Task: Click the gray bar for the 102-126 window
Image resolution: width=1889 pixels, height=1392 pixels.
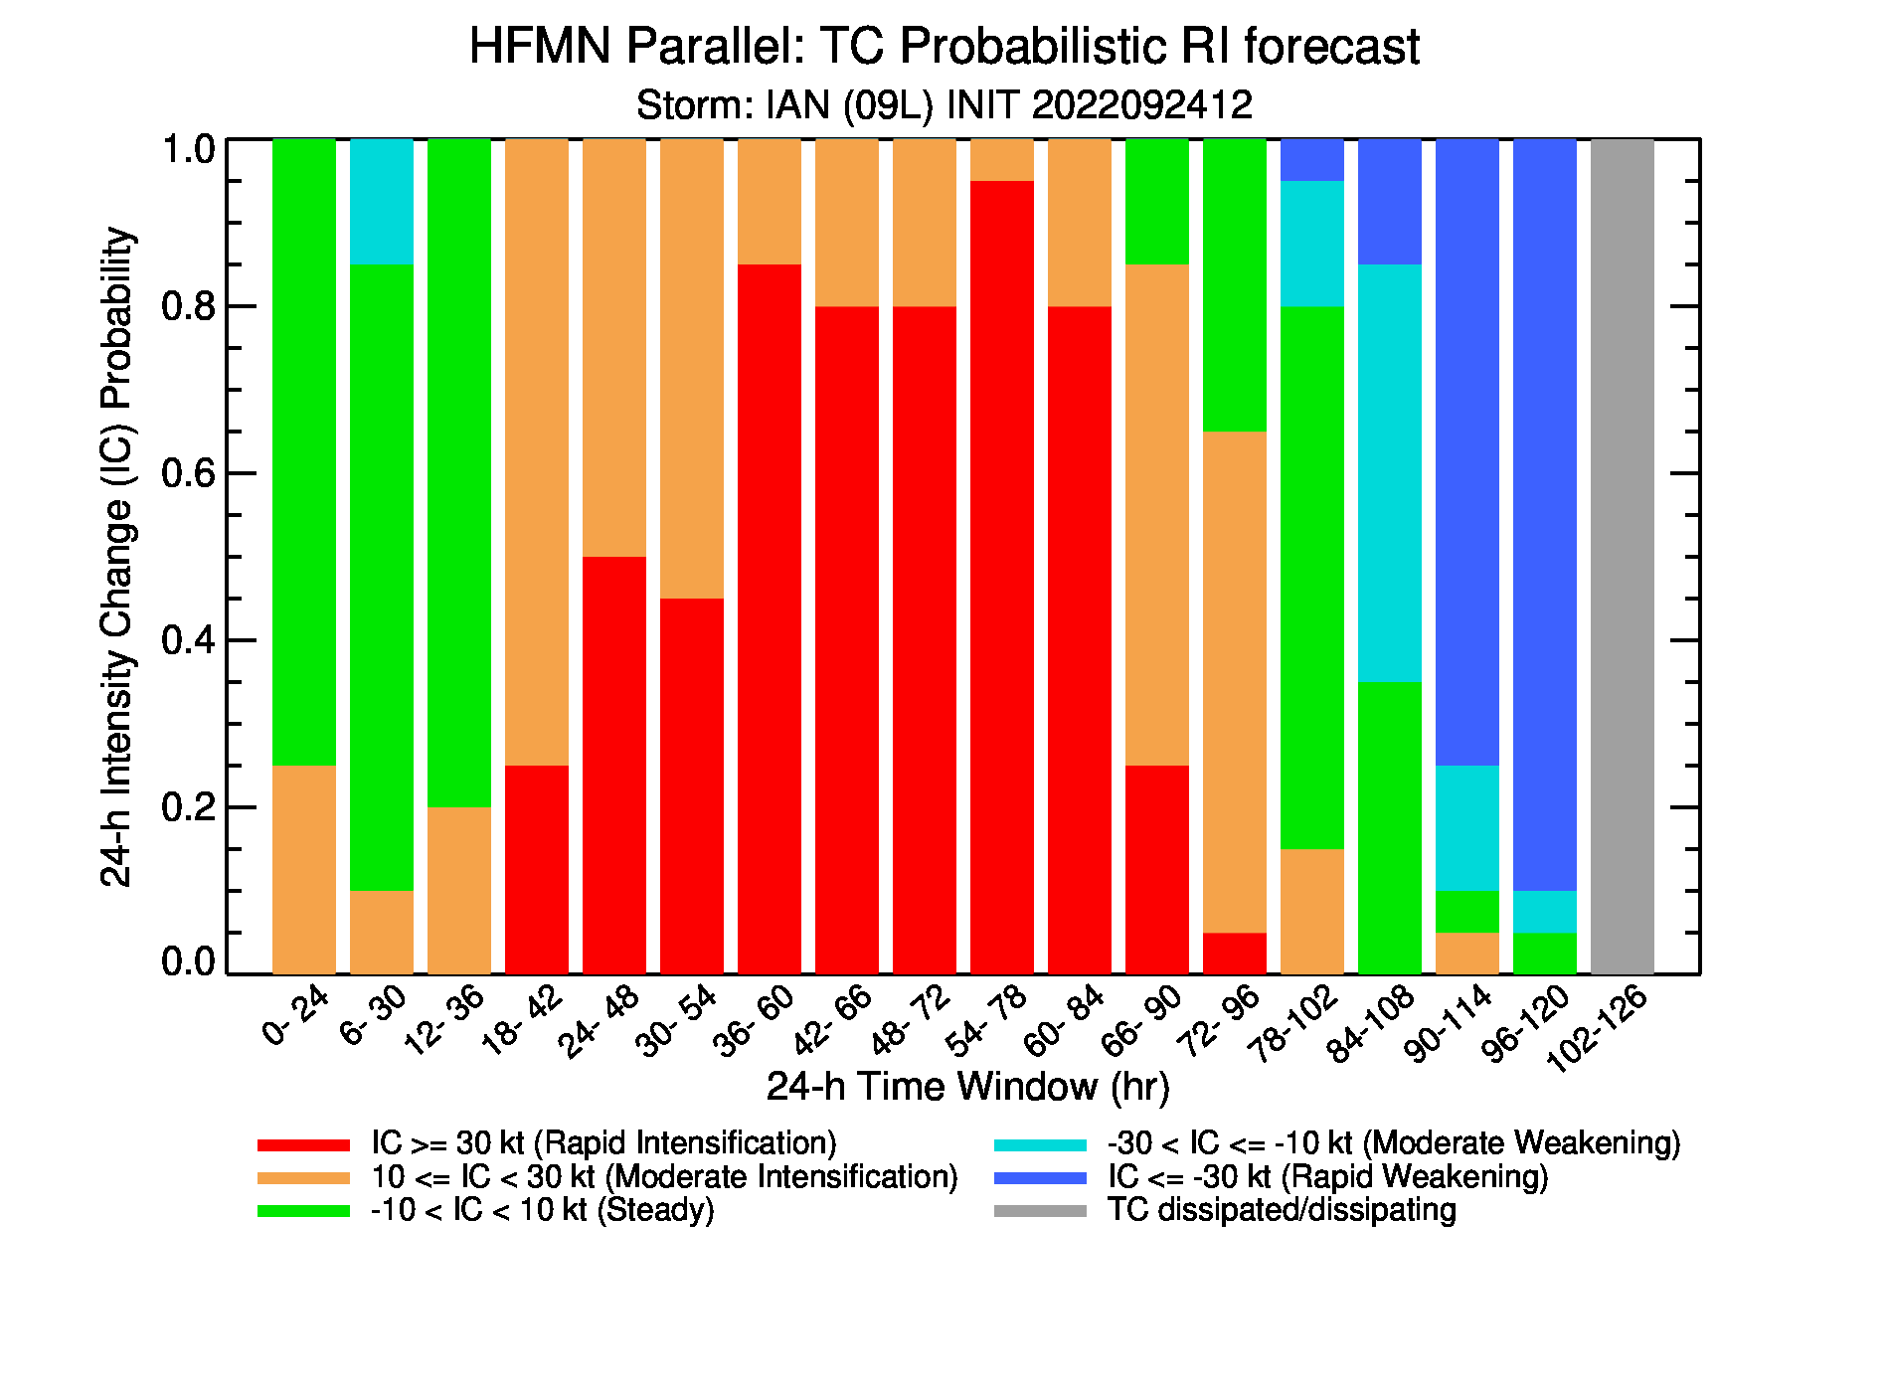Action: pos(1623,556)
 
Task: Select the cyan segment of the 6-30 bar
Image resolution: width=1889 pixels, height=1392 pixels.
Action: pos(382,202)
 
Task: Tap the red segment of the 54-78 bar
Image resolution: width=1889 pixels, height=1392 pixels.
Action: pos(1002,577)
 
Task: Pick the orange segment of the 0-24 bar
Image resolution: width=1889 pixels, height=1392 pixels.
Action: pos(304,869)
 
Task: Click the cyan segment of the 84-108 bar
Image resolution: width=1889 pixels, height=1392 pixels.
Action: pos(1390,473)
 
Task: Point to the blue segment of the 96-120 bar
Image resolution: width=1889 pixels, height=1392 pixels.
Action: pos(1545,515)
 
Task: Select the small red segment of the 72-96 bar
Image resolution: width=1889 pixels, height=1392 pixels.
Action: pos(1235,953)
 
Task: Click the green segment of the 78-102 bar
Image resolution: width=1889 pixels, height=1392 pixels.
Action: pos(1312,578)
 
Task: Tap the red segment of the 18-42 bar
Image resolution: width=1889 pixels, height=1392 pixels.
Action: pos(537,869)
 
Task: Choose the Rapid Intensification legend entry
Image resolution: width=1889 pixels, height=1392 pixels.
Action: pos(547,1143)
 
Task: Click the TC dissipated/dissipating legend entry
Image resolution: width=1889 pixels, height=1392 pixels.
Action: pos(1225,1210)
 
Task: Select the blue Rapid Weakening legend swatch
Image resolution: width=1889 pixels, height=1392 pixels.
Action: pos(1040,1178)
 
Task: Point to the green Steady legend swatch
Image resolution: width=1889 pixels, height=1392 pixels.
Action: pos(303,1211)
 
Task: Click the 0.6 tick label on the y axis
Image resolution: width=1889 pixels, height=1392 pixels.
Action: pos(189,473)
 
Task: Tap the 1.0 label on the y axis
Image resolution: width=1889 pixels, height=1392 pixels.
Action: pos(189,149)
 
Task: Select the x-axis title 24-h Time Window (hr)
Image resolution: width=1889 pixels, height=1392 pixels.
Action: pos(967,1087)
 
